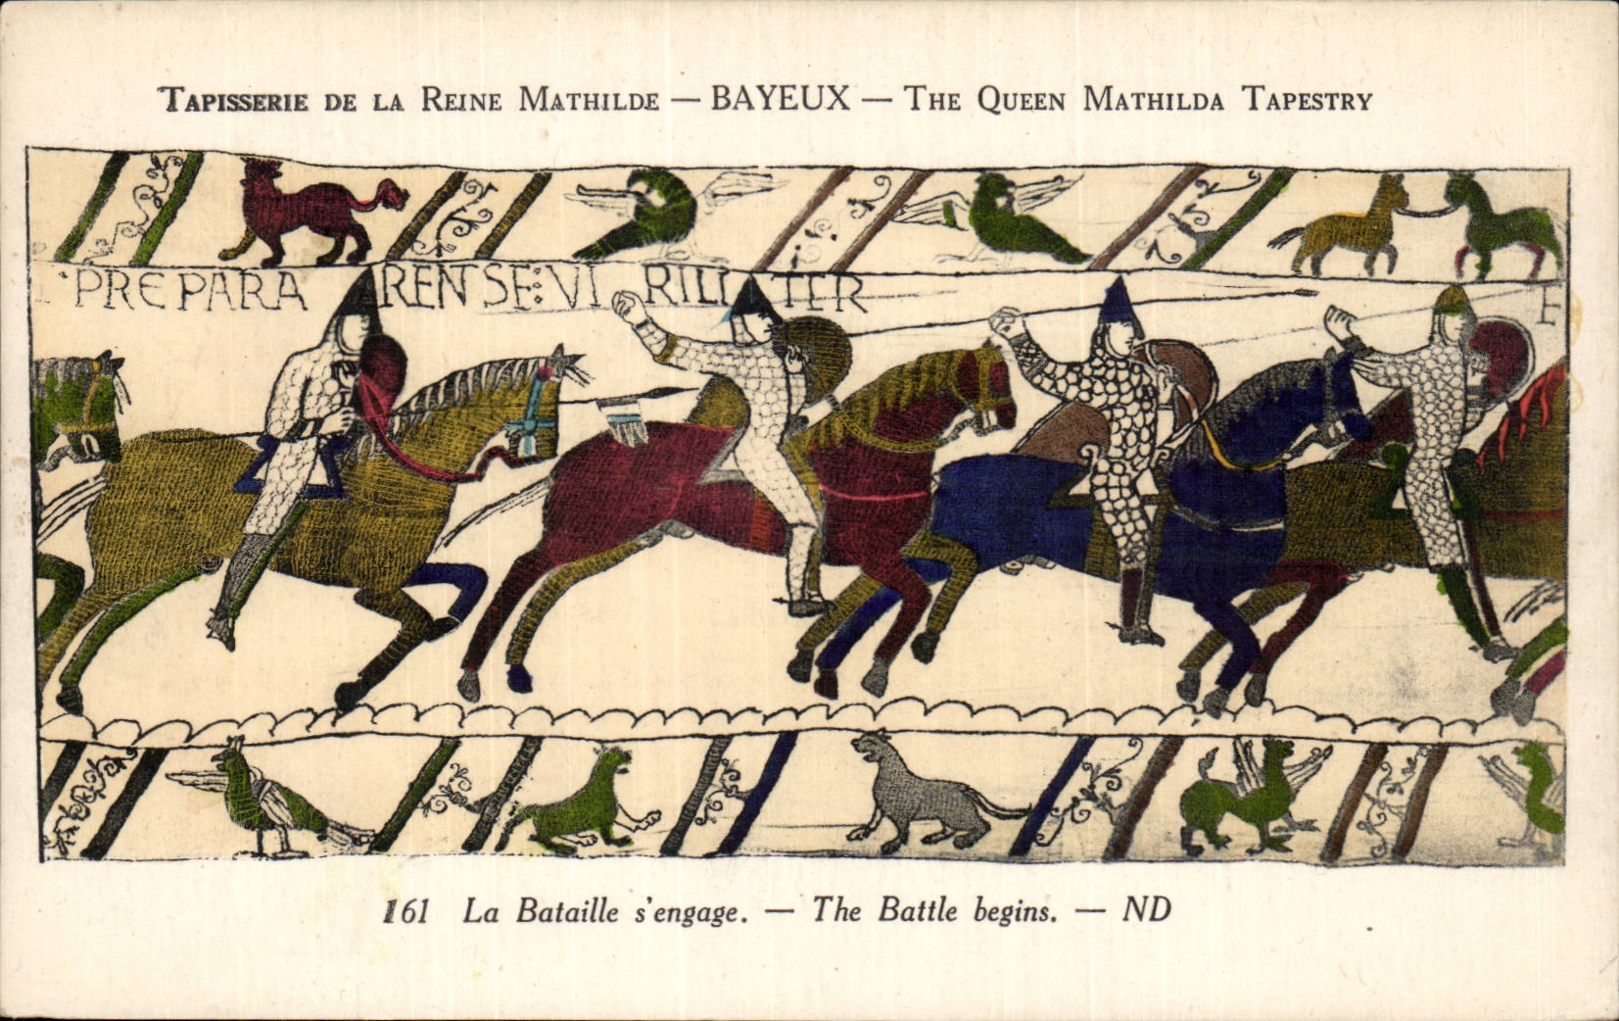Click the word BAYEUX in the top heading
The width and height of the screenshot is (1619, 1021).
pyautogui.click(x=780, y=99)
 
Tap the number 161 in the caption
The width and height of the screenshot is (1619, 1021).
pyautogui.click(x=406, y=911)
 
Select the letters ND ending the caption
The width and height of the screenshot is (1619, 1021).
pyautogui.click(x=1146, y=910)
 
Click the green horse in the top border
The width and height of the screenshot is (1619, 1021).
pyautogui.click(x=1503, y=227)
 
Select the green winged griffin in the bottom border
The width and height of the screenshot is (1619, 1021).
pyautogui.click(x=1239, y=799)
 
